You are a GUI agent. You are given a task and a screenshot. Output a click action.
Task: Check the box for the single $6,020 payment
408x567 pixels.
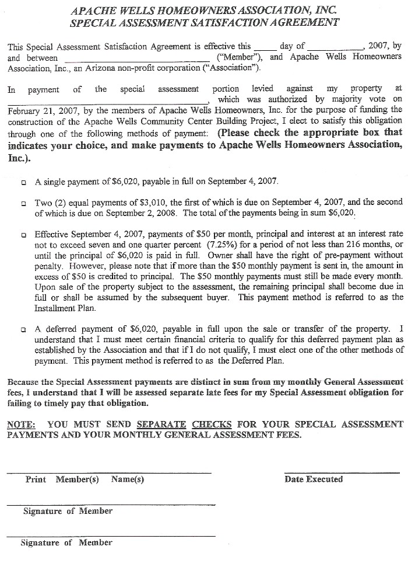23,182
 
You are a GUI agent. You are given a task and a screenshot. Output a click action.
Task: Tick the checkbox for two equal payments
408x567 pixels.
23,204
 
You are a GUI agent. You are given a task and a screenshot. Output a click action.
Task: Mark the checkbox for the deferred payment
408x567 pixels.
23,329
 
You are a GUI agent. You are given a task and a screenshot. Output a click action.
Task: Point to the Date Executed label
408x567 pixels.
314,479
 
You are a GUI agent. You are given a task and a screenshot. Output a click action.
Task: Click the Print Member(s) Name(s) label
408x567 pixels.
85,479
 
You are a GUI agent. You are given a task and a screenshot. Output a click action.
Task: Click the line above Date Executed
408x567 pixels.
342,472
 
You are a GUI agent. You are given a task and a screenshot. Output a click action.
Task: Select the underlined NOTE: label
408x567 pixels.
21,425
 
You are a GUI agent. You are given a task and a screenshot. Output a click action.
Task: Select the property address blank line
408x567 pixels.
108,100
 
